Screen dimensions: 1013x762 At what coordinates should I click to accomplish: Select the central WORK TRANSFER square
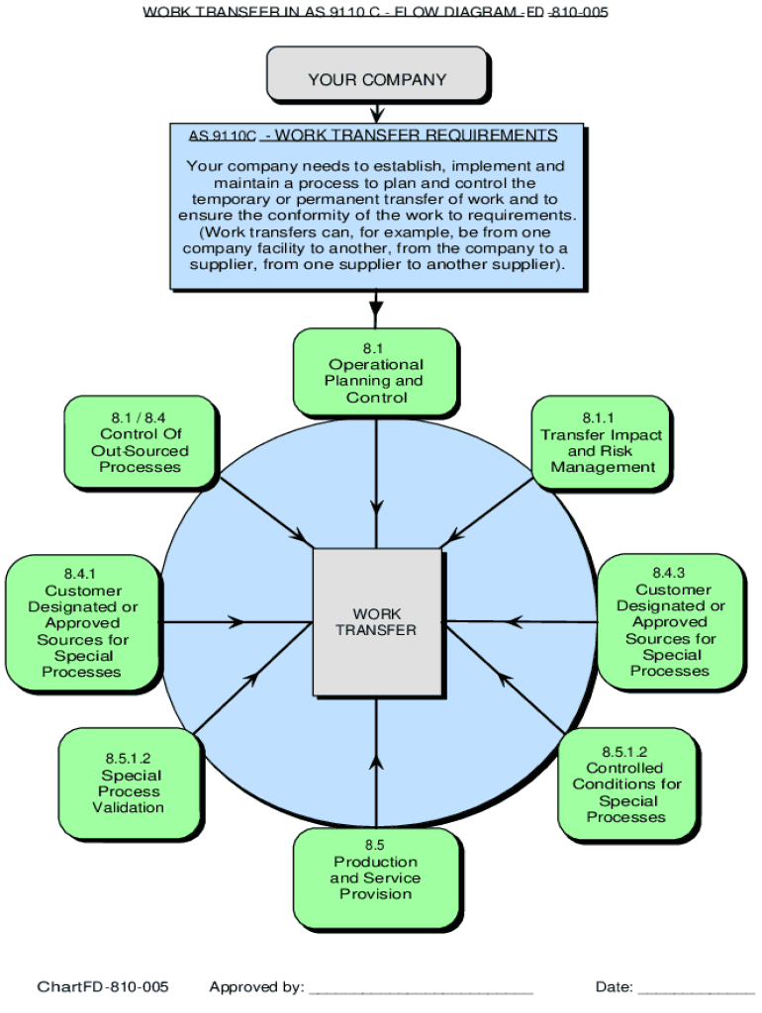[376, 621]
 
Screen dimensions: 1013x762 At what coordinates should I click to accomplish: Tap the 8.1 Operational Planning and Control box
[376, 372]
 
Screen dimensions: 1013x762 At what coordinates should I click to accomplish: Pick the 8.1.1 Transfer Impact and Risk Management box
[601, 442]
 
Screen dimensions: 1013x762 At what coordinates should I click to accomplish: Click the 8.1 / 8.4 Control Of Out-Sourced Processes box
[141, 442]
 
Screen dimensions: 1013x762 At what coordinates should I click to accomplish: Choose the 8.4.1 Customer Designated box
[82, 622]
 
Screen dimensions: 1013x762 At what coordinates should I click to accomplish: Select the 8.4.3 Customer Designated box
[670, 621]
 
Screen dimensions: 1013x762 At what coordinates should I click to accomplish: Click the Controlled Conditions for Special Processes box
[626, 784]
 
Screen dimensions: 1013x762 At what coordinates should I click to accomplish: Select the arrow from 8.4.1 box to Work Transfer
[238, 622]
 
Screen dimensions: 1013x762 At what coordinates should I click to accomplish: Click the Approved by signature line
[421, 987]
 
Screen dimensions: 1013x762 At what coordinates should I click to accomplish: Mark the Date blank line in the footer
[695, 987]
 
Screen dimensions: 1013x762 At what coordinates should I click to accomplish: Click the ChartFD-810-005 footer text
[103, 987]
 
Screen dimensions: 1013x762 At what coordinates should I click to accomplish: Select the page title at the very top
[376, 12]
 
